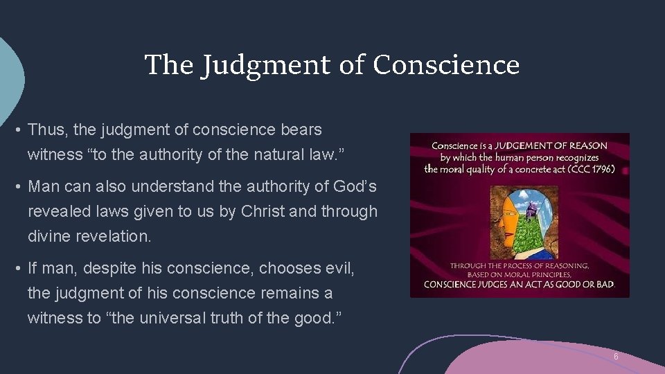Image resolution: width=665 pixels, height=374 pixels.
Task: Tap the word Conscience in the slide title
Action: coord(446,65)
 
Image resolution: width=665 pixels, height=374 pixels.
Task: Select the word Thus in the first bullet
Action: coord(46,130)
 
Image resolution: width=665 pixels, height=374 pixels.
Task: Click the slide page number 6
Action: coord(615,357)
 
